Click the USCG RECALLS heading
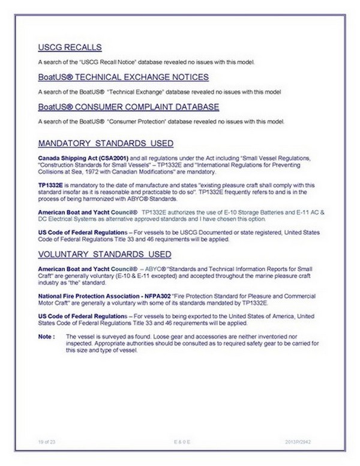[x=69, y=47]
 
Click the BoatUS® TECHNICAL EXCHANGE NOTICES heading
[x=123, y=77]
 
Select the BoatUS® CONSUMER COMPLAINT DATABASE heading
[x=128, y=107]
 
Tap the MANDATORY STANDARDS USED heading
[x=106, y=144]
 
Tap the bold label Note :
[x=46, y=336]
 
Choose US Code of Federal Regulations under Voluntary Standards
[x=82, y=316]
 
